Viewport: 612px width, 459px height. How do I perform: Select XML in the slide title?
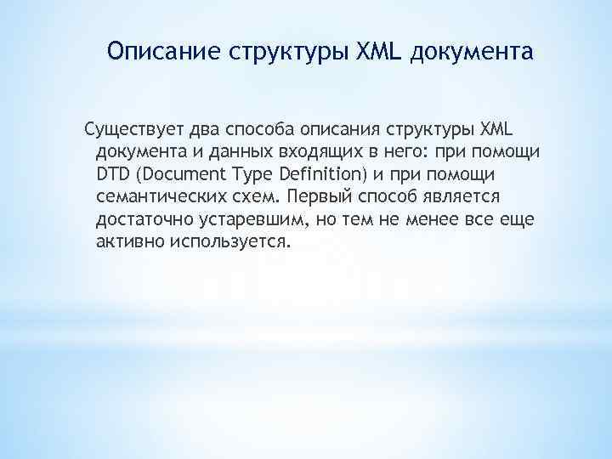pos(376,53)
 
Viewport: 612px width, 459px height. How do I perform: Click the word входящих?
pos(309,152)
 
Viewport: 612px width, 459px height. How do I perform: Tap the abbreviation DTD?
pos(114,174)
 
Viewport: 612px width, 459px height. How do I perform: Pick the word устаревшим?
pos(253,218)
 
